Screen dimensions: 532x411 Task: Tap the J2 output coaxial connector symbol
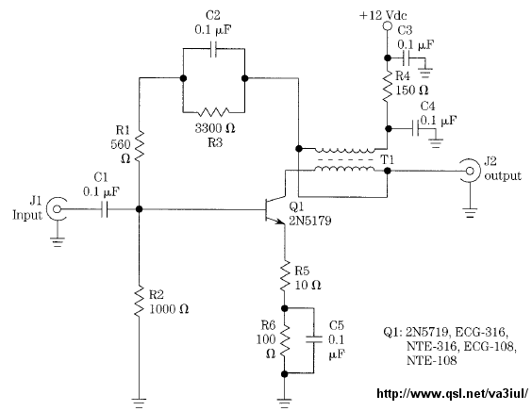pos(470,171)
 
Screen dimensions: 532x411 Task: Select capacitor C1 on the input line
pos(105,209)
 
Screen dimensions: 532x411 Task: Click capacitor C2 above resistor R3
pos(214,49)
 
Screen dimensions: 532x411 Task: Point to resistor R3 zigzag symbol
pos(214,111)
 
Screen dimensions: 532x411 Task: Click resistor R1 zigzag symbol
pos(140,145)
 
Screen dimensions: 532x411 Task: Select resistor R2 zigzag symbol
pos(139,301)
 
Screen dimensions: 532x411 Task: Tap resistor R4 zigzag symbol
pos(387,87)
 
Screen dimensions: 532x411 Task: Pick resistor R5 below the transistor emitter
pos(285,275)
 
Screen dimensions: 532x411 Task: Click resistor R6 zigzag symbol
pos(285,340)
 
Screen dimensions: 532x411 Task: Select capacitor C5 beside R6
pos(314,339)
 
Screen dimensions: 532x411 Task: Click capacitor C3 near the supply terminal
pos(407,58)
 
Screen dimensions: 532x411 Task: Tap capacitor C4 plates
pos(415,128)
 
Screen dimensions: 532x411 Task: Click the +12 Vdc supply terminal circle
pos(387,25)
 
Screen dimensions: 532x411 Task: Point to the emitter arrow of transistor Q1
pos(280,222)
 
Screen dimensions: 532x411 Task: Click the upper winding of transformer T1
pos(345,150)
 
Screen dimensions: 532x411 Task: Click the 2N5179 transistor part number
pos(309,222)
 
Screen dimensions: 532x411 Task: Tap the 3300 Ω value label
pos(215,128)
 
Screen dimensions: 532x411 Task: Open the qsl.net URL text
pos(452,393)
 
